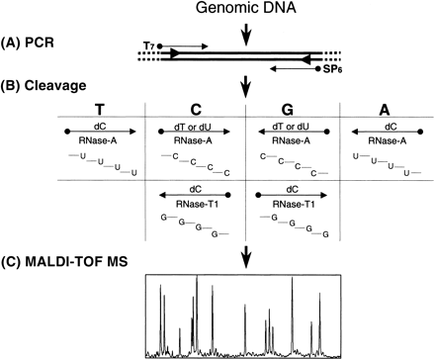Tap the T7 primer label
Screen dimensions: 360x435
[x=150, y=45]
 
